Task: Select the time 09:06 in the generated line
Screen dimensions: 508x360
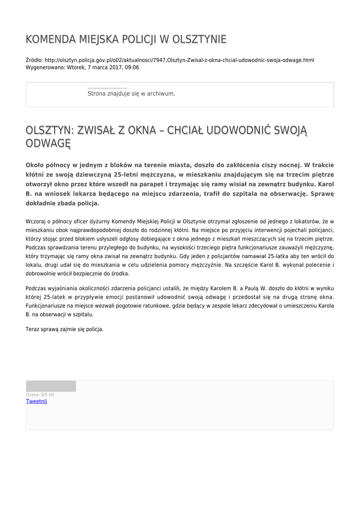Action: [132, 67]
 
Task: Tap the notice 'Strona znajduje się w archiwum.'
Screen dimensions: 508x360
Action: [131, 93]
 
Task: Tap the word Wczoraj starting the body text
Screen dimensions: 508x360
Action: [35, 221]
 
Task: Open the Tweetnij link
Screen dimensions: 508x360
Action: [36, 401]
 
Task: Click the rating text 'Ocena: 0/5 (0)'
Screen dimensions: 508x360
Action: [40, 395]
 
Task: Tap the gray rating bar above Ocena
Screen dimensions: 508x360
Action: [51, 386]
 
